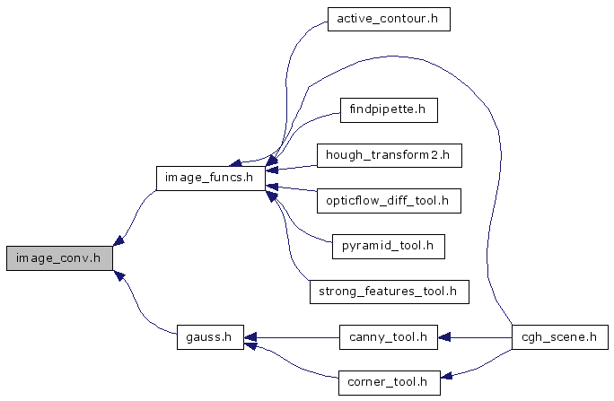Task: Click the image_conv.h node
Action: (x=60, y=257)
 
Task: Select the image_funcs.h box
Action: (x=211, y=178)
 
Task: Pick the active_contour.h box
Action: (x=388, y=19)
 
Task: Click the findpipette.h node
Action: (x=388, y=111)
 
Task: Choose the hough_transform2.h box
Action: (x=388, y=155)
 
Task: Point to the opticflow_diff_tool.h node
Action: (x=388, y=200)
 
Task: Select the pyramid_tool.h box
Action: (x=388, y=244)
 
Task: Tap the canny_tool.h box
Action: (x=388, y=337)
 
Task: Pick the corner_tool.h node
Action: (x=388, y=383)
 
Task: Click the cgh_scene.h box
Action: (x=559, y=337)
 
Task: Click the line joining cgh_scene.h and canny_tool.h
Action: (x=480, y=337)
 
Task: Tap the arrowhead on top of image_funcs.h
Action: (x=237, y=161)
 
